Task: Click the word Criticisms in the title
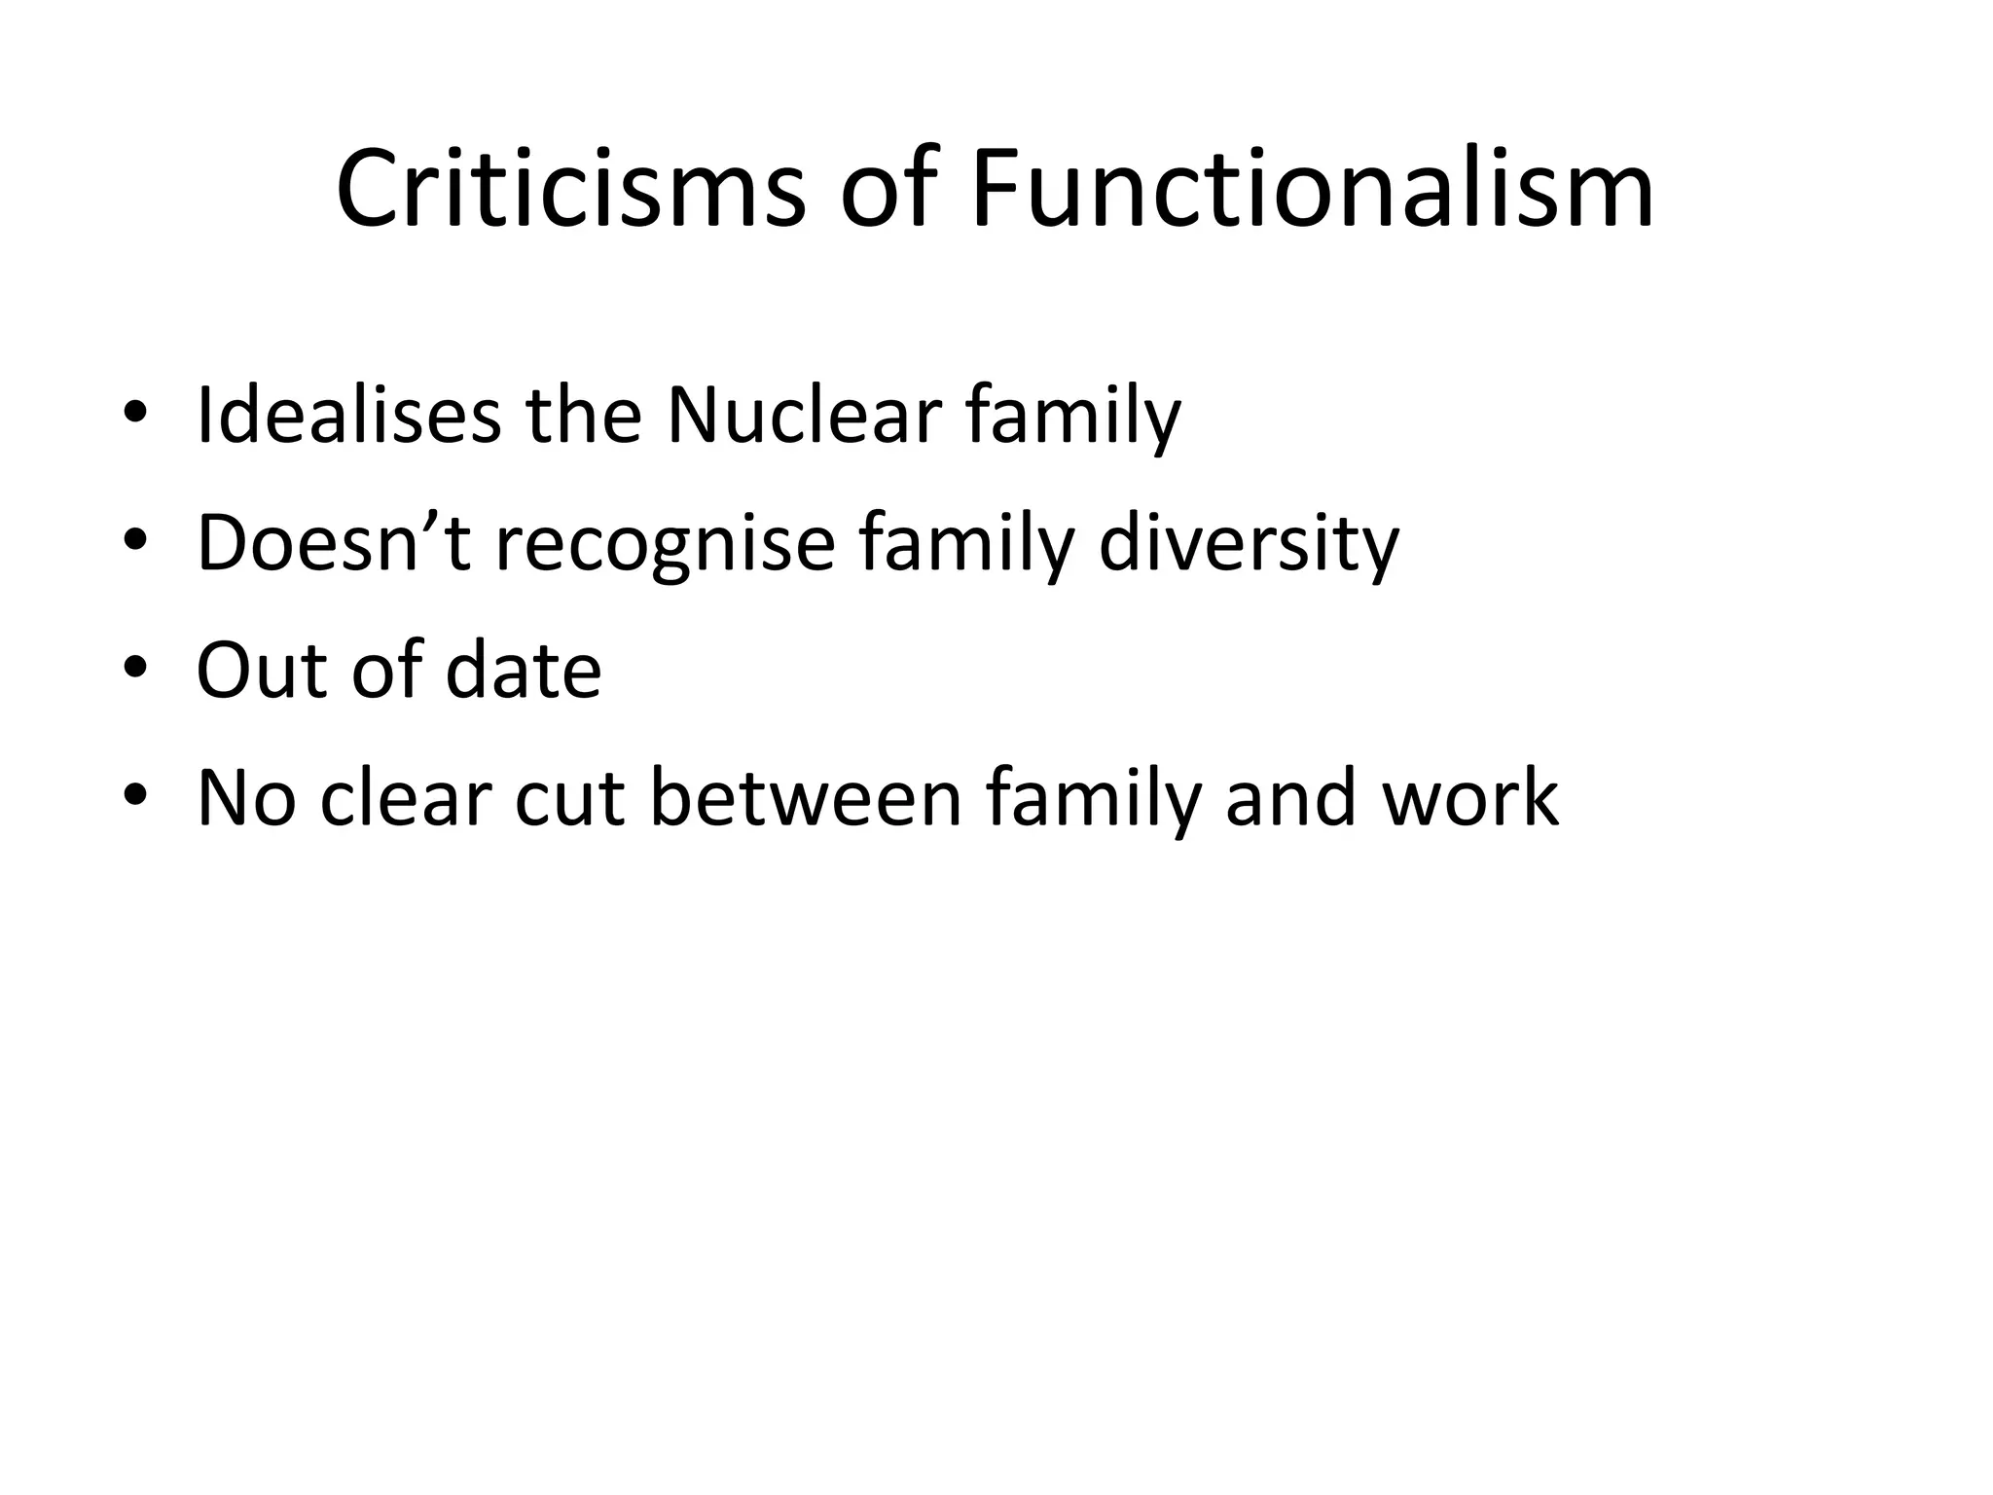pos(571,190)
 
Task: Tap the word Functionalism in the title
pos(1312,190)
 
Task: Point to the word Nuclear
pos(804,416)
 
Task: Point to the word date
pos(523,671)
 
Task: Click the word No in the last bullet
pos(245,798)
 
